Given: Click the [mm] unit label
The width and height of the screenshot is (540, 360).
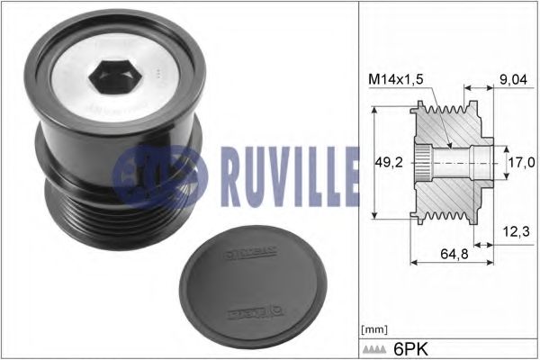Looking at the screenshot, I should (373, 329).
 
